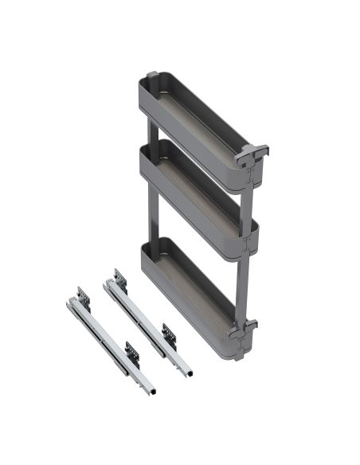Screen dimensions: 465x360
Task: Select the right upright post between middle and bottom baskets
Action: pyautogui.click(x=245, y=279)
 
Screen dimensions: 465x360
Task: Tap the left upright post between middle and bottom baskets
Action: pyautogui.click(x=151, y=219)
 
